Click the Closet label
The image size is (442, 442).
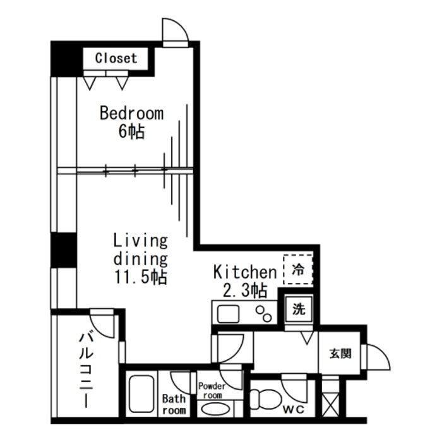(x=116, y=58)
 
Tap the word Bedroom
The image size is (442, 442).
(x=132, y=114)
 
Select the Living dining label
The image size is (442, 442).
(x=140, y=249)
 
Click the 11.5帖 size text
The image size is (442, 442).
(x=140, y=277)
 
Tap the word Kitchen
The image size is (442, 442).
(x=245, y=272)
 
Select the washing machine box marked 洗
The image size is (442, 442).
(x=299, y=310)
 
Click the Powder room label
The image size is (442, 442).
(x=212, y=390)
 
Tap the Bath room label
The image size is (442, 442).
(x=174, y=404)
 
